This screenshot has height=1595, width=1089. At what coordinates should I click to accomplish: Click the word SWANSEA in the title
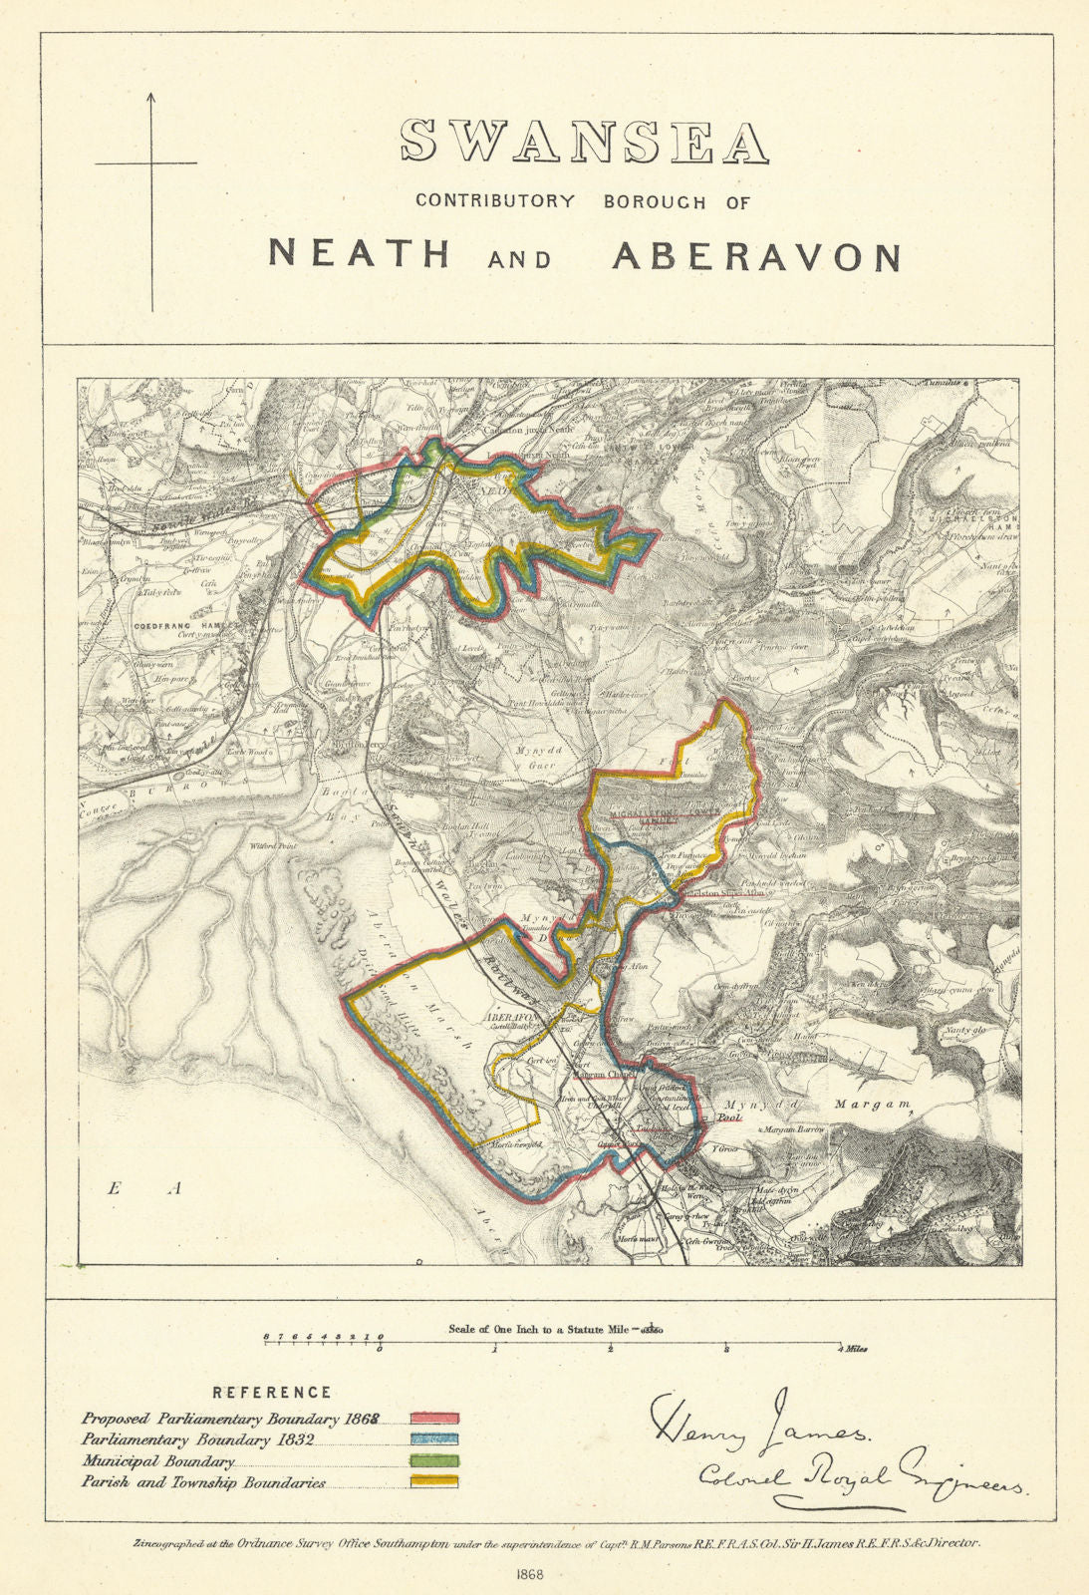coord(585,143)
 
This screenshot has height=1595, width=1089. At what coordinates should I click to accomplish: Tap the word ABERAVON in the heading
coord(756,256)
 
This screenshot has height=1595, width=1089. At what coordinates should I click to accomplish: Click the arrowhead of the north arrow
coord(151,98)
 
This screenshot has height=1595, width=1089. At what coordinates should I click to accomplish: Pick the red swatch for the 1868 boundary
coord(434,1418)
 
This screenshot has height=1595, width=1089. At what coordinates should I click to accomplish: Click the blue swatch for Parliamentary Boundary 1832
coord(434,1439)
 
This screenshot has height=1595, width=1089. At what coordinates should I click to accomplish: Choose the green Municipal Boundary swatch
coord(434,1461)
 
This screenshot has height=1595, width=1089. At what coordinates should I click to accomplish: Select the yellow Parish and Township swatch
coord(434,1482)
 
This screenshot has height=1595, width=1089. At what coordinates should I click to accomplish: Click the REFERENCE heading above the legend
coord(272,1393)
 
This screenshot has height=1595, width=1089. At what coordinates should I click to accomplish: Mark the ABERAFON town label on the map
coord(510,1017)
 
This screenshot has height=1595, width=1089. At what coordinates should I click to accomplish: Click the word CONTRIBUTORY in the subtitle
coord(495,200)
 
